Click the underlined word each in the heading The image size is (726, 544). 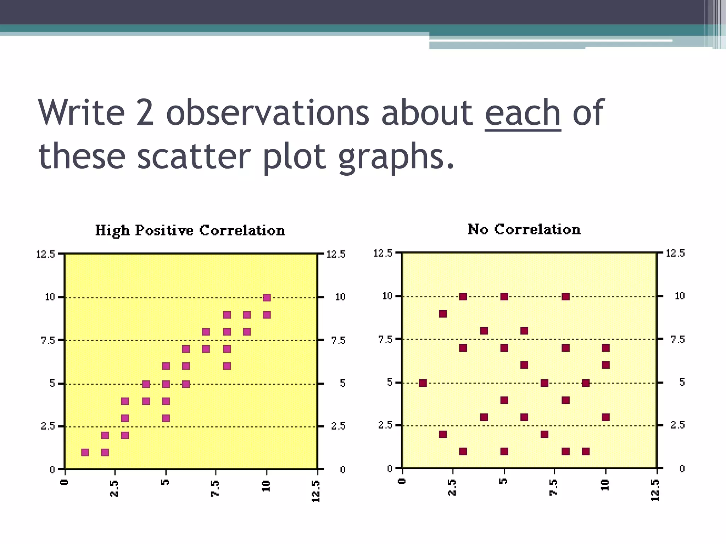point(523,113)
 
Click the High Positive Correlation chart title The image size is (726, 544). point(190,230)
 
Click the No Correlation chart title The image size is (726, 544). point(524,229)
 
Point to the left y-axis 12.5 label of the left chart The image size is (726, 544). point(45,254)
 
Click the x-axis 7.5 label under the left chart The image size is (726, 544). point(215,489)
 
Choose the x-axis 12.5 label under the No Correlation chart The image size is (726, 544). point(655,490)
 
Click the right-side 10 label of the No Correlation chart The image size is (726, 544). point(680,296)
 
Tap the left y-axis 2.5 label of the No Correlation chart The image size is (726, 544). point(385,425)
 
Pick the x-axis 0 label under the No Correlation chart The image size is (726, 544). point(402,481)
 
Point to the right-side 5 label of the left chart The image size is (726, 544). point(342,383)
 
